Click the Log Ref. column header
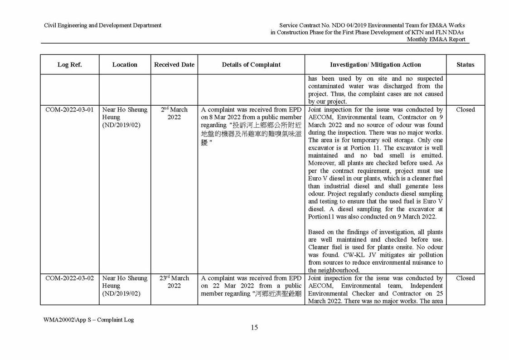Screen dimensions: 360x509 pyautogui.click(x=69, y=65)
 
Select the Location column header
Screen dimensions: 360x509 pyautogui.click(x=125, y=65)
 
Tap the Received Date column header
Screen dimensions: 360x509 pyautogui.click(x=174, y=65)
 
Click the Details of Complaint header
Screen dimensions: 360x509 pyautogui.click(x=251, y=65)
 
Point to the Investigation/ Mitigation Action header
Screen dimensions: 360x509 pyautogui.click(x=375, y=65)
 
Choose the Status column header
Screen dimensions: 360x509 pyautogui.click(x=465, y=65)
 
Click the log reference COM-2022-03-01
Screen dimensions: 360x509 pyautogui.click(x=69, y=110)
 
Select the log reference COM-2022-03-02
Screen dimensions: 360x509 pyautogui.click(x=69, y=278)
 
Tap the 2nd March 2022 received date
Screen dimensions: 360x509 pyautogui.click(x=174, y=113)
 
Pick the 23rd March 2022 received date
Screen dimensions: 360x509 pyautogui.click(x=174, y=282)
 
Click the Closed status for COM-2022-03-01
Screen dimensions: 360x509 pyautogui.click(x=465, y=110)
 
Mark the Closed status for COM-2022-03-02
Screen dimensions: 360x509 pyautogui.click(x=465, y=278)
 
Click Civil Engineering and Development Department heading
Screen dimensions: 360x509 pyautogui.click(x=102, y=25)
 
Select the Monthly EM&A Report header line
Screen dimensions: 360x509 pyautogui.click(x=436, y=39)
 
